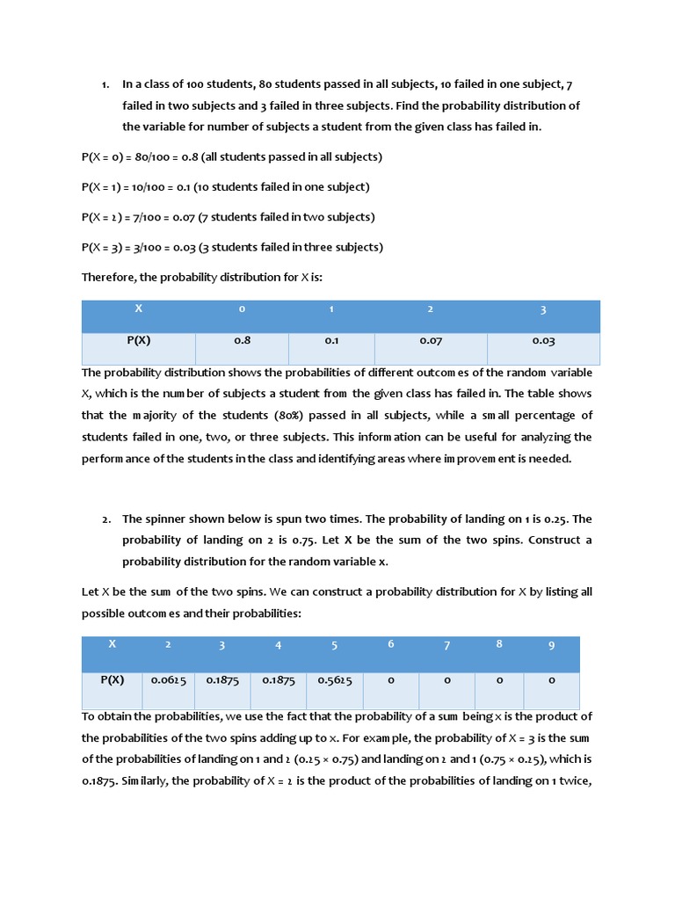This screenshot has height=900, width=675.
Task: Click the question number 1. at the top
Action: pyautogui.click(x=105, y=84)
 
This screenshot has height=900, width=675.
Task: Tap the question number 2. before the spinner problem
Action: pyautogui.click(x=105, y=519)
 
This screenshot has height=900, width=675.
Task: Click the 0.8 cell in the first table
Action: pyautogui.click(x=242, y=340)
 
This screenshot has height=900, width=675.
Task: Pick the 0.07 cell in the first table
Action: pyautogui.click(x=430, y=340)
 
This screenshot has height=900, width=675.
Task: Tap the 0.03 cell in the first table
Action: pyautogui.click(x=543, y=340)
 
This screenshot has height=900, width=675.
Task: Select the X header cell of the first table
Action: pyautogui.click(x=138, y=309)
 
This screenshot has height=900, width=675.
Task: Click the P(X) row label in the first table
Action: pyautogui.click(x=138, y=340)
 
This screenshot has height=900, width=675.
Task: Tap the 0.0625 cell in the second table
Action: pyautogui.click(x=168, y=679)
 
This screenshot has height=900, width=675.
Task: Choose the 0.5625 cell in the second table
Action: pyautogui.click(x=334, y=679)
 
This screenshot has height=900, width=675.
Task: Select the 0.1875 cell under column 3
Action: pyautogui.click(x=222, y=679)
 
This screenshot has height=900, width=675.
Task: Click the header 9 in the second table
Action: pyautogui.click(x=551, y=645)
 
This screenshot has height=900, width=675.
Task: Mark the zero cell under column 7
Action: pyautogui.click(x=446, y=679)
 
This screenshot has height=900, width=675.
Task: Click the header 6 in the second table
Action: pyautogui.click(x=390, y=644)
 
